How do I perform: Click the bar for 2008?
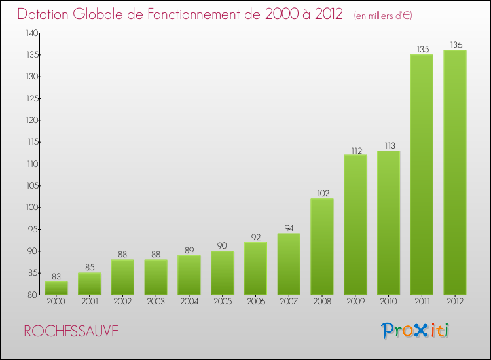click(x=322, y=247)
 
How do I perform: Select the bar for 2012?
click(x=455, y=173)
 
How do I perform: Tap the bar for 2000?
click(x=56, y=288)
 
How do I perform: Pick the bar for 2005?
click(x=223, y=273)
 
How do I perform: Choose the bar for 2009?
click(x=355, y=225)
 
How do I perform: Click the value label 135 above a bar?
click(x=422, y=48)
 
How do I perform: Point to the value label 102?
click(x=322, y=193)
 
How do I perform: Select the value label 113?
click(x=389, y=145)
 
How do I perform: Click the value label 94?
click(x=289, y=228)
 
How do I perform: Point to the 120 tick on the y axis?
click(x=30, y=120)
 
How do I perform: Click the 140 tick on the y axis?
click(x=30, y=33)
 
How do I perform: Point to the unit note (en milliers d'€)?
click(x=383, y=16)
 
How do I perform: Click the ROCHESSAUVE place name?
click(x=71, y=331)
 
